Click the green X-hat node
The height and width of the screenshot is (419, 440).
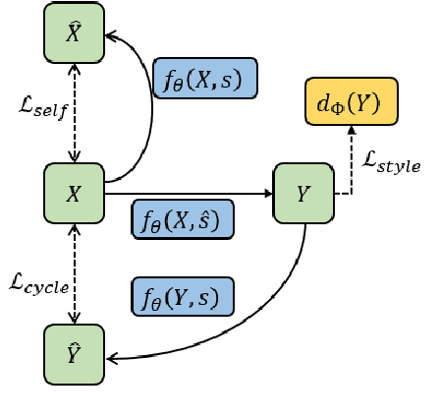click(74, 34)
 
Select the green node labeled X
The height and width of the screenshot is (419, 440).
click(74, 194)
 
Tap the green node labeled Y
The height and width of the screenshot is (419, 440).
click(303, 194)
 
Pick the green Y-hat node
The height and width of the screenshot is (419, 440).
click(74, 354)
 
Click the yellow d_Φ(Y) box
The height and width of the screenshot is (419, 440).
click(352, 101)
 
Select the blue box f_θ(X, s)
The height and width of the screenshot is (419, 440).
click(205, 78)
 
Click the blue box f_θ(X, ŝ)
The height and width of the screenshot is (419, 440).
click(183, 219)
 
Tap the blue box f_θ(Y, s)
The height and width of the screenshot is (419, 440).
click(183, 296)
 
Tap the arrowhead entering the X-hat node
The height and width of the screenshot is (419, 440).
click(110, 36)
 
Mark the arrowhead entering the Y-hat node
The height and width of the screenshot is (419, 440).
click(110, 359)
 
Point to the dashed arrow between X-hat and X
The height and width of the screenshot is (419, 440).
click(74, 113)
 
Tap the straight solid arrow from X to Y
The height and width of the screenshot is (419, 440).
click(187, 194)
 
